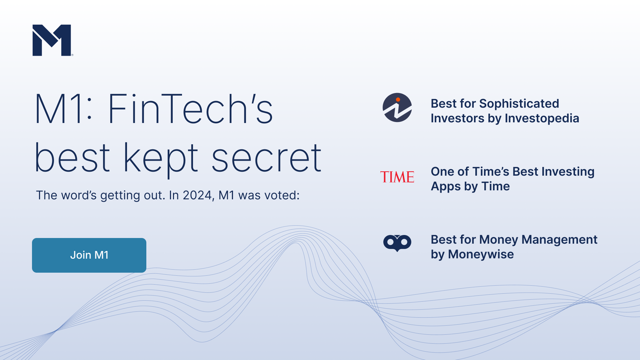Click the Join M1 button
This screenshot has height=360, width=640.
click(89, 255)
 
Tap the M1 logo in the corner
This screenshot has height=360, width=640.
click(52, 40)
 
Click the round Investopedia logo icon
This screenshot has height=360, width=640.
click(397, 107)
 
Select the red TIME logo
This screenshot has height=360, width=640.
click(397, 177)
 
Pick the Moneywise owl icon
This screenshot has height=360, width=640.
click(397, 243)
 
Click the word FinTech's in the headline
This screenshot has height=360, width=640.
click(190, 109)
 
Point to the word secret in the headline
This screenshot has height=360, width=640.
click(266, 157)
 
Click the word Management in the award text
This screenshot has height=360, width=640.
click(559, 240)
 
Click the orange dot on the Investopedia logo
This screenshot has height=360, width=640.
click(398, 99)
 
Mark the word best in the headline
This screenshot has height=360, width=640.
click(72, 157)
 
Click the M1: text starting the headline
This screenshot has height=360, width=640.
click(63, 109)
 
